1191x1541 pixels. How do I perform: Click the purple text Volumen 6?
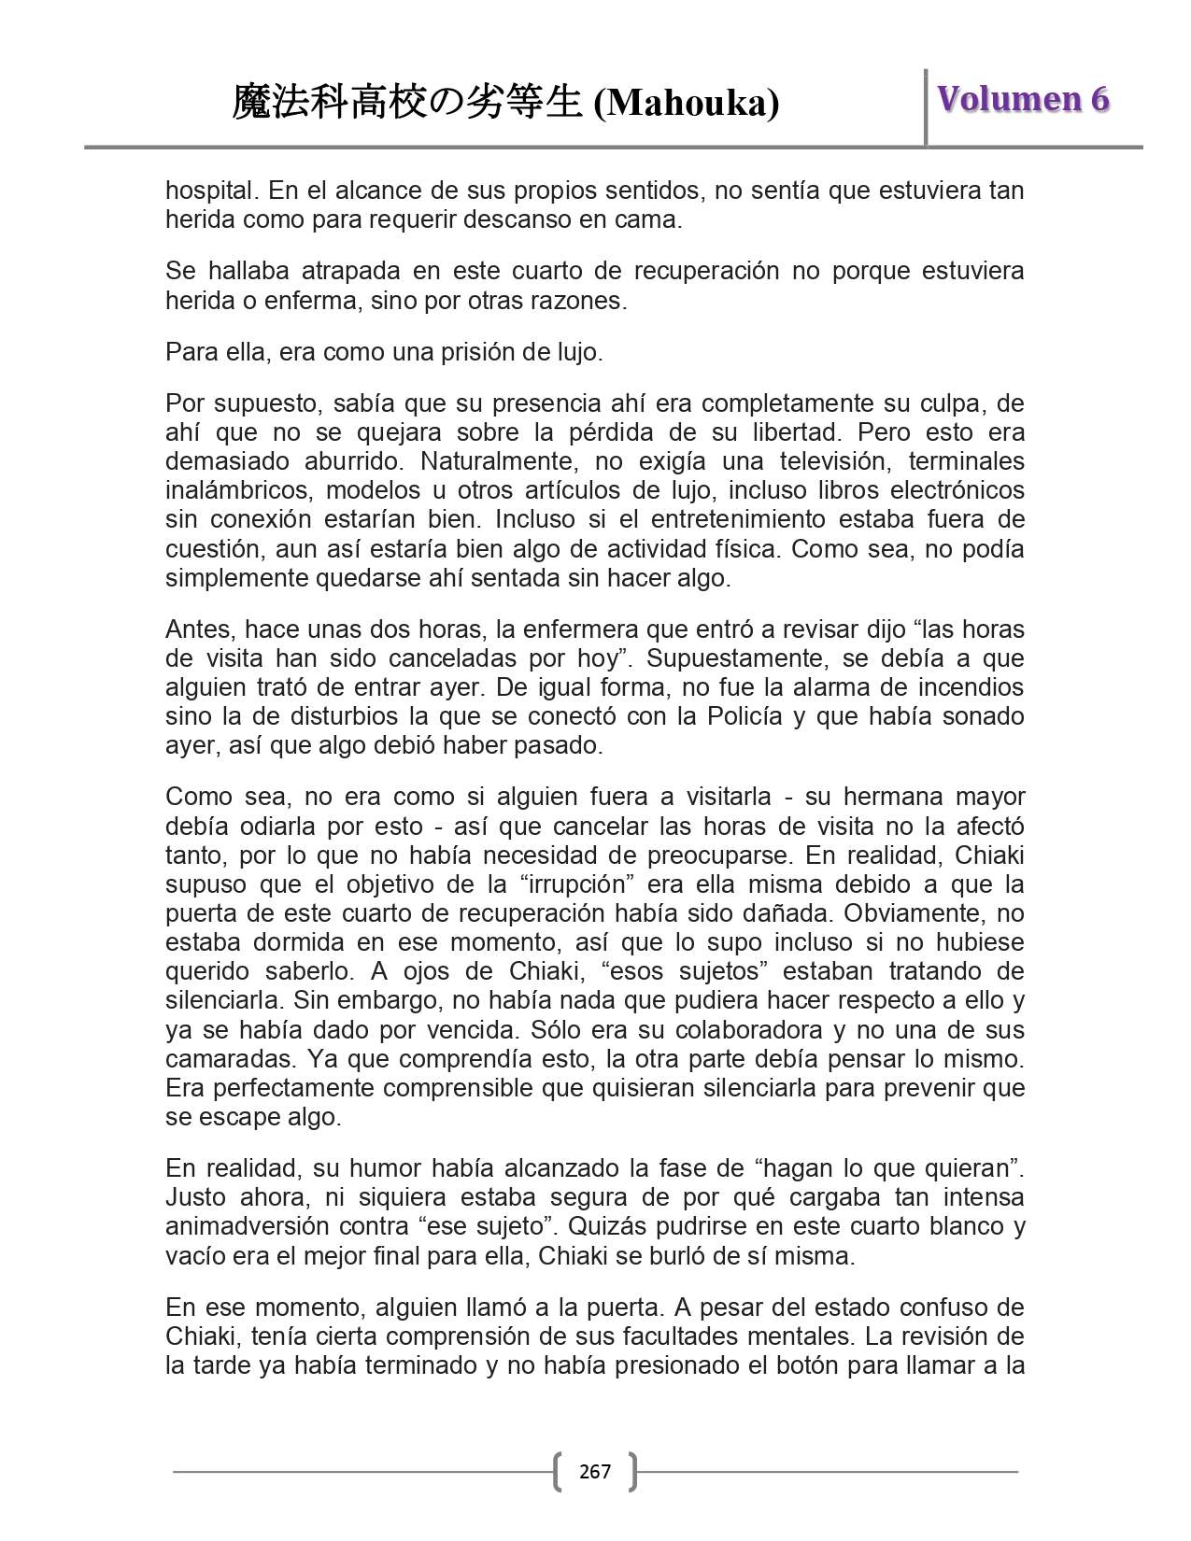(1023, 99)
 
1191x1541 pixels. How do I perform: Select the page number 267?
(595, 1472)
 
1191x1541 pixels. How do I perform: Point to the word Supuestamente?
(736, 658)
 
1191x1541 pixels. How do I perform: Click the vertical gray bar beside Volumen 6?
(926, 107)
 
